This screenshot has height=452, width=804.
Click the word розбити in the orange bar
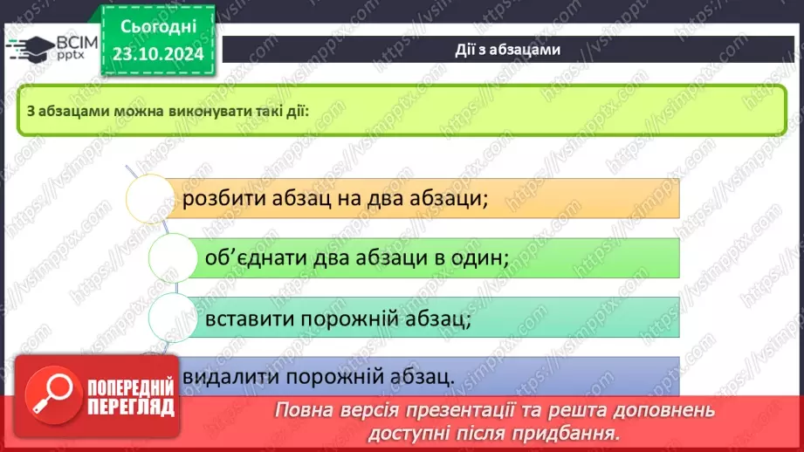click(218, 198)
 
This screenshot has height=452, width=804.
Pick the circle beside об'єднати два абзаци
click(173, 258)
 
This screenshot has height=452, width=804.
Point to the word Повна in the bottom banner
click(301, 410)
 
